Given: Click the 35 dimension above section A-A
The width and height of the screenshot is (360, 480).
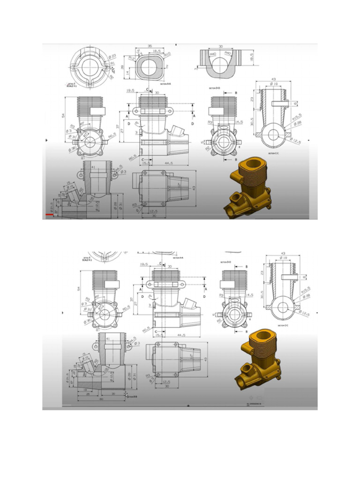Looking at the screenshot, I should coord(149,46).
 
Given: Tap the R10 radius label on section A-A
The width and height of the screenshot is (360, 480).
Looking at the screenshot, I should coord(167,54).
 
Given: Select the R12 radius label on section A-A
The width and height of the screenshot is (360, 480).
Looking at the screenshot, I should coord(131,58).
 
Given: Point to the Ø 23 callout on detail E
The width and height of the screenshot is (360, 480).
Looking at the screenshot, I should coord(112,57).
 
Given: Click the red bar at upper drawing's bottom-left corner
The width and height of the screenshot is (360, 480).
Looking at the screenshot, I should coord(49,214).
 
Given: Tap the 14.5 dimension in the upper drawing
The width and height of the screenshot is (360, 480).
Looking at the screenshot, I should coord(239,122).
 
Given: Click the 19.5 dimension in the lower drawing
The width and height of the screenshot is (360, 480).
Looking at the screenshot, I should coord(144,265).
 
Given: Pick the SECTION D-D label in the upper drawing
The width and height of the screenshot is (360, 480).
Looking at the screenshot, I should coord(215,88).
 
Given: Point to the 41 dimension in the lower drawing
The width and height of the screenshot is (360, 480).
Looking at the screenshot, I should coord(108,339).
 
